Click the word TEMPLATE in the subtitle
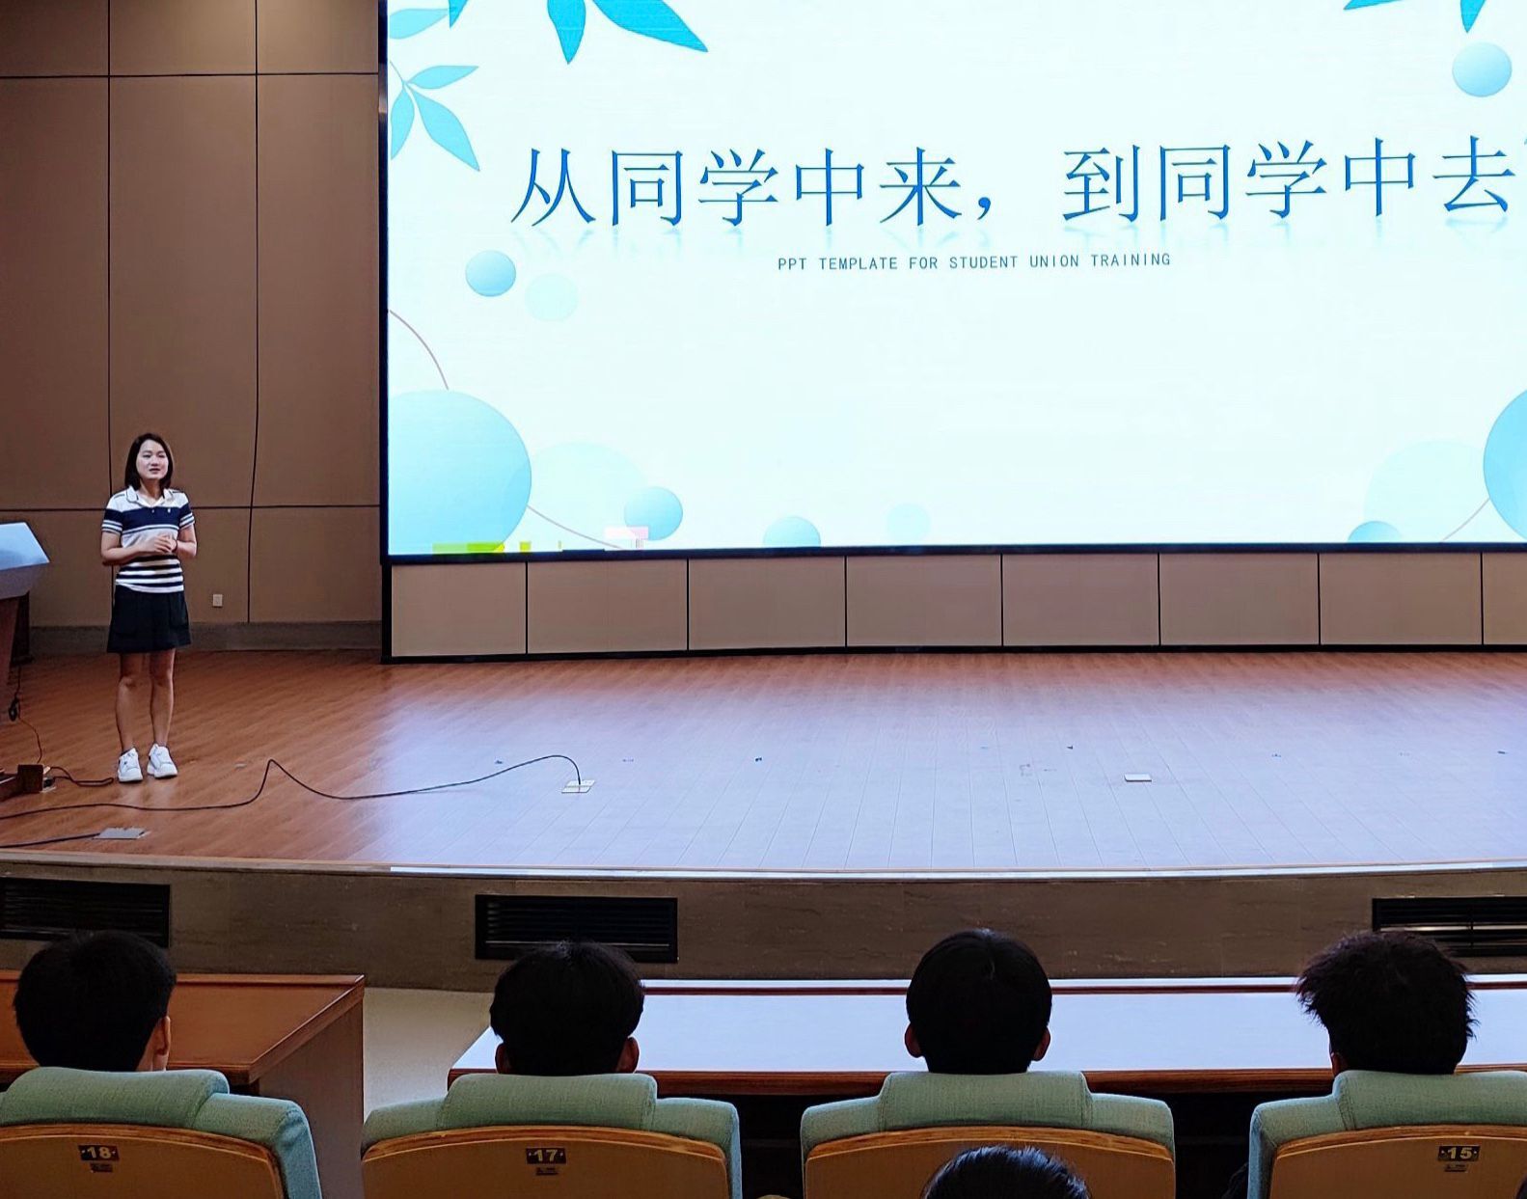(x=858, y=264)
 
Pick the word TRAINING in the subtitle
(x=1130, y=259)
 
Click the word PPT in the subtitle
(x=793, y=265)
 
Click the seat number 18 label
(x=97, y=1153)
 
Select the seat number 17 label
(x=546, y=1156)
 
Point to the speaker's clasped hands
(x=162, y=544)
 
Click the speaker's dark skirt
(x=149, y=619)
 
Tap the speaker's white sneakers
(x=147, y=763)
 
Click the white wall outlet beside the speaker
(x=217, y=600)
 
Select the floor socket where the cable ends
(x=578, y=786)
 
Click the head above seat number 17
(x=565, y=1010)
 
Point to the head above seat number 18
(x=95, y=1002)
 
